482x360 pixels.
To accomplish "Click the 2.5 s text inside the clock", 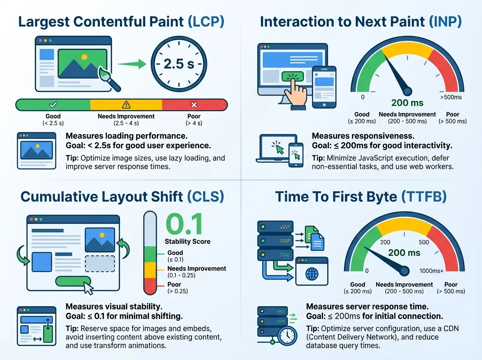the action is pyautogui.click(x=179, y=64).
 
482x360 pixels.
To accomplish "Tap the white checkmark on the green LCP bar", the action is pyautogui.click(x=53, y=105).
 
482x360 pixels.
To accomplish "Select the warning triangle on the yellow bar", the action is pyautogui.click(x=126, y=105).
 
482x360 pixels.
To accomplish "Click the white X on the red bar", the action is pyautogui.click(x=194, y=105).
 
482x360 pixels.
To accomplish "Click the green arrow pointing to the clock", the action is pyautogui.click(x=132, y=64).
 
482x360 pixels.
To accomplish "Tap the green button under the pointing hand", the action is pyautogui.click(x=292, y=76).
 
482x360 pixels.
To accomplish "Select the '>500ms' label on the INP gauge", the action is pyautogui.click(x=451, y=97).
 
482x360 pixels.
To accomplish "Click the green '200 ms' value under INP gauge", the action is pyautogui.click(x=407, y=103).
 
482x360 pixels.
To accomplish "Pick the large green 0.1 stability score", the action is pyautogui.click(x=184, y=225).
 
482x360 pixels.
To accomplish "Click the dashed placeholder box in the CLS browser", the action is pyautogui.click(x=100, y=264).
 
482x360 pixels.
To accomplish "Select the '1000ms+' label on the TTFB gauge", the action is pyautogui.click(x=431, y=271).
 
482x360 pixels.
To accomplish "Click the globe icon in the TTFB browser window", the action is pyautogui.click(x=312, y=274).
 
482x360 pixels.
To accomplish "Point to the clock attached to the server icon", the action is pyautogui.click(x=287, y=336).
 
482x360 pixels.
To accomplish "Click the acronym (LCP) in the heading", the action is pyautogui.click(x=206, y=22).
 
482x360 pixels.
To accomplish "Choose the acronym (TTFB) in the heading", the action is pyautogui.click(x=424, y=196).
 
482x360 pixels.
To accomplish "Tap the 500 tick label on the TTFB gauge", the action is pyautogui.click(x=424, y=242).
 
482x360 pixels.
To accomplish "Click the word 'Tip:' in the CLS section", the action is pyautogui.click(x=72, y=329).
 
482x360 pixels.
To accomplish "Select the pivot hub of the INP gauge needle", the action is pyautogui.click(x=408, y=91).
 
